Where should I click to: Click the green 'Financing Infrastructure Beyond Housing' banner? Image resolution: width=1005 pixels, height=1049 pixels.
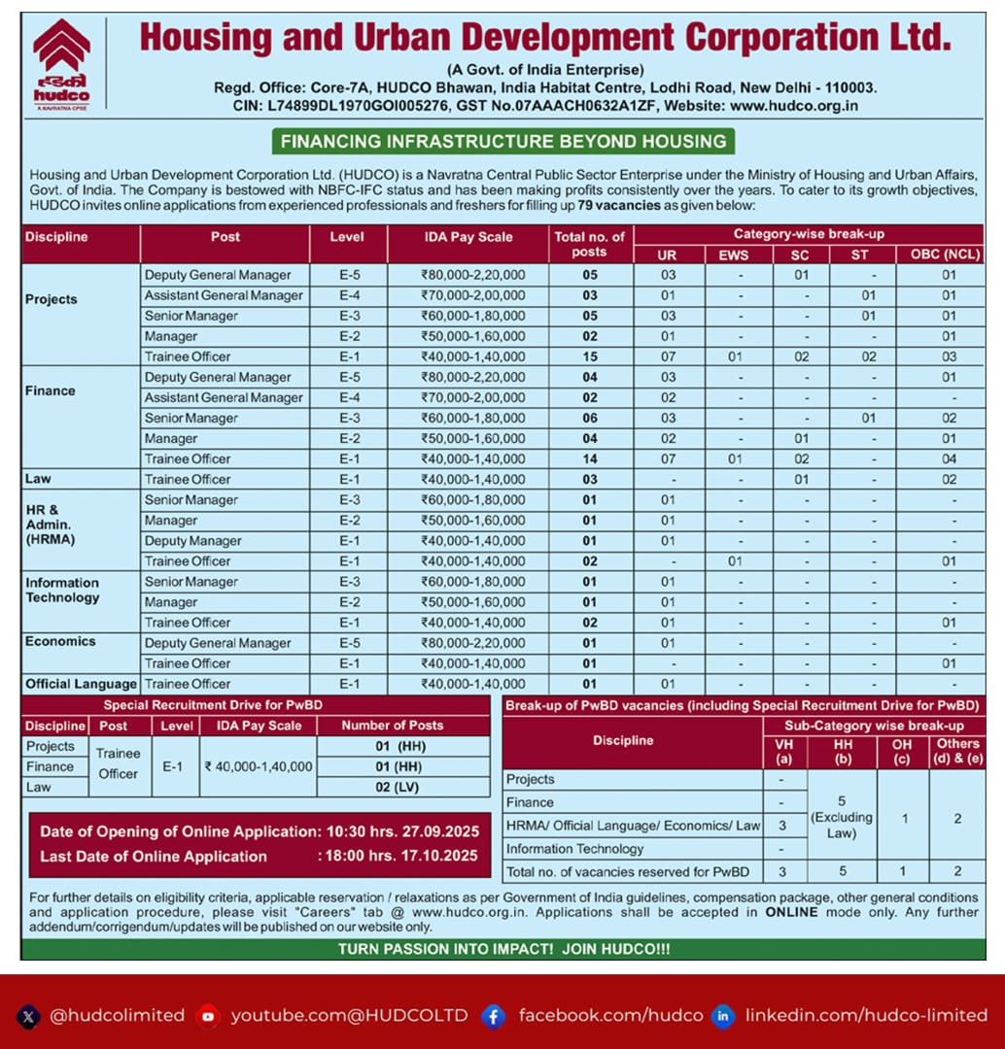click(x=502, y=141)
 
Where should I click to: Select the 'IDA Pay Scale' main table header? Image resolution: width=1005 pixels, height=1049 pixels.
click(x=468, y=237)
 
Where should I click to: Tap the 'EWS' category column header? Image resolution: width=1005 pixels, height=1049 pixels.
click(x=740, y=255)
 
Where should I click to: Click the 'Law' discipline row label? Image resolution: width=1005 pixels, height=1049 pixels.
click(x=38, y=479)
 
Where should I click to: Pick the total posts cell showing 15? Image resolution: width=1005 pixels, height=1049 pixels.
click(x=590, y=356)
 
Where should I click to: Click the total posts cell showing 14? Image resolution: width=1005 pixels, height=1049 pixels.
click(x=590, y=458)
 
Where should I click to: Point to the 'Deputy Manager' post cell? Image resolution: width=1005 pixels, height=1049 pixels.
click(x=192, y=541)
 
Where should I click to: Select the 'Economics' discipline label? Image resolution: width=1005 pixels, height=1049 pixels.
click(x=60, y=641)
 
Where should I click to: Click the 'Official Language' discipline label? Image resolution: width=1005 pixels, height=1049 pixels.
click(x=81, y=684)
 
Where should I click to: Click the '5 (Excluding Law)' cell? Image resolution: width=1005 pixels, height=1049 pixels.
click(x=842, y=817)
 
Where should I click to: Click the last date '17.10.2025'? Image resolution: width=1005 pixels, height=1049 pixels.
click(x=438, y=856)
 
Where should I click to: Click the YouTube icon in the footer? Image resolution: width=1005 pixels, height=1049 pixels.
click(x=207, y=1016)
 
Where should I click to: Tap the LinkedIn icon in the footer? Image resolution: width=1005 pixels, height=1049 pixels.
click(x=722, y=1016)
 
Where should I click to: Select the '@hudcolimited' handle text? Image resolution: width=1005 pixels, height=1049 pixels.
click(x=117, y=1016)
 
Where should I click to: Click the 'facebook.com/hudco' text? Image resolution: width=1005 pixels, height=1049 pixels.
click(x=609, y=1016)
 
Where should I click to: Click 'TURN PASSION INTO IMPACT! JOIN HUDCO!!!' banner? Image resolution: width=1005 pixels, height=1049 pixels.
click(x=502, y=949)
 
